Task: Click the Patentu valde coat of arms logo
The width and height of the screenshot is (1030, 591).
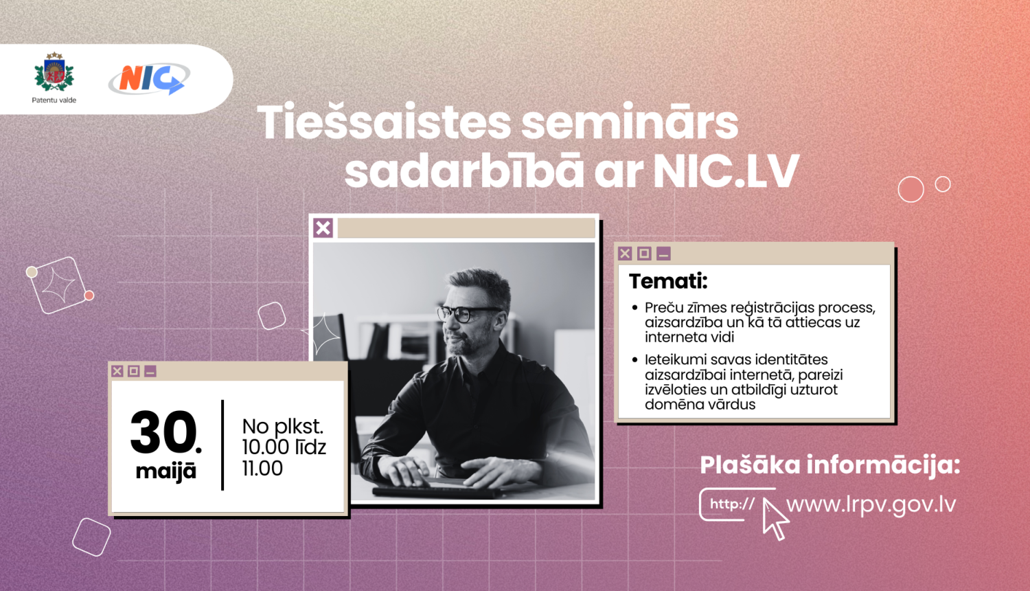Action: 54,74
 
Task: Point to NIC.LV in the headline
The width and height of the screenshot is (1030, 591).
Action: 726,171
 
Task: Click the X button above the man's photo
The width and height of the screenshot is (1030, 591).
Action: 323,227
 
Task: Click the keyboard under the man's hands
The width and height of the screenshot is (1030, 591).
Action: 433,490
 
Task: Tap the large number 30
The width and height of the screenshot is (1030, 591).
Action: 163,432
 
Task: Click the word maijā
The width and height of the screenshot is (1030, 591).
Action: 165,471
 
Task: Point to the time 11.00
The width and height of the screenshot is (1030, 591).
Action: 262,469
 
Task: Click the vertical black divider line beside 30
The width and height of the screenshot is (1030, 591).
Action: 222,445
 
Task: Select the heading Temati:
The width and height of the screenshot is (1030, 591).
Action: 668,281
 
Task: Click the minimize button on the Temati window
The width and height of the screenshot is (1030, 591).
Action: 663,254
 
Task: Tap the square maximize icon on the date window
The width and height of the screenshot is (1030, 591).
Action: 134,371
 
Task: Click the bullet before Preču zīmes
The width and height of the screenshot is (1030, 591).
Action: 635,308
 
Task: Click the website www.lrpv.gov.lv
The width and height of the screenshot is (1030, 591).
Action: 871,504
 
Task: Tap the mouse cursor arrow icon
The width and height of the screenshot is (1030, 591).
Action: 774,519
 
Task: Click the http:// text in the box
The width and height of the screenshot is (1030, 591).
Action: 732,504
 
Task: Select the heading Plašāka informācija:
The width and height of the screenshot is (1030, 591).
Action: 829,465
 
